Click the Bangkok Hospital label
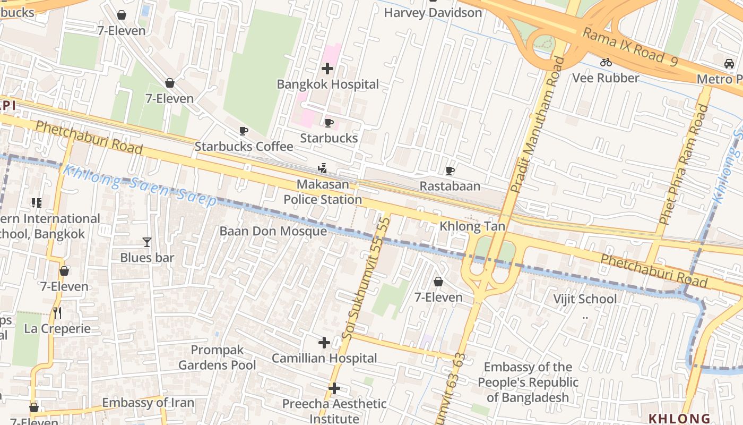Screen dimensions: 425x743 (328, 84)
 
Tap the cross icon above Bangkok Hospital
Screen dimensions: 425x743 (327, 69)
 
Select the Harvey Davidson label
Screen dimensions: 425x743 (433, 12)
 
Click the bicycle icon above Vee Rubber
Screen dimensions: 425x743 (606, 62)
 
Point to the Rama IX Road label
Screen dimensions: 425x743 (630, 47)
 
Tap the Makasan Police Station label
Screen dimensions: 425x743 (323, 192)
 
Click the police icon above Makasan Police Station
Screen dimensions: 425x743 (322, 169)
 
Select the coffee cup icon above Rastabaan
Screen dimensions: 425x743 (450, 171)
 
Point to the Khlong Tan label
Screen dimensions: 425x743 (472, 227)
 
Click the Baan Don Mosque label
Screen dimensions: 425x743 (273, 232)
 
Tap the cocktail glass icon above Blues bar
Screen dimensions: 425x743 (147, 242)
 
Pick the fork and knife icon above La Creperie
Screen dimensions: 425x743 (57, 313)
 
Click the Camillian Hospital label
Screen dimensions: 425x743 (324, 359)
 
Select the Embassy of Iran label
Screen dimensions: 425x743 (148, 403)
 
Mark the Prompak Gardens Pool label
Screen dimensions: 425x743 (217, 358)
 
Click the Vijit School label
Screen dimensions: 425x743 (585, 299)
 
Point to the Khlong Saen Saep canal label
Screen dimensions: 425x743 (140, 185)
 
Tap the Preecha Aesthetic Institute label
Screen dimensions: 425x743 (334, 411)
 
